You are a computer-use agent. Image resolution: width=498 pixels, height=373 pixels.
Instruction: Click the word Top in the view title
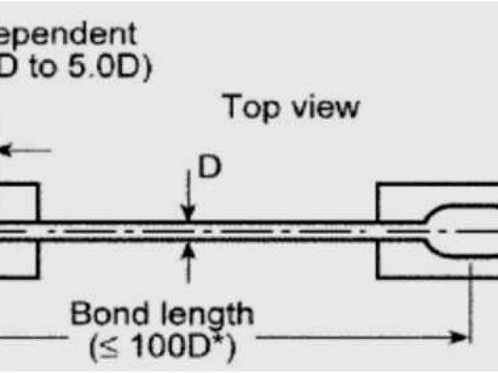coord(250,108)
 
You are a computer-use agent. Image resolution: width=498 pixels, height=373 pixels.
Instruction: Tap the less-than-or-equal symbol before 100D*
coord(100,346)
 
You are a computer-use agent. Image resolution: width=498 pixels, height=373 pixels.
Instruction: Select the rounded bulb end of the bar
coord(451,231)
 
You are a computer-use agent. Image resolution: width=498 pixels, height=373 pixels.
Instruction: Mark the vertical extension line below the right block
coord(469,303)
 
